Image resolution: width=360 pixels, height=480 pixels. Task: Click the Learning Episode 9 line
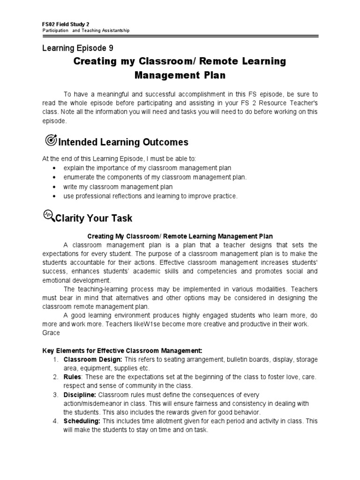(78, 48)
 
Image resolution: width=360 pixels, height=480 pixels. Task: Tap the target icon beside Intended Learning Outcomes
(50, 140)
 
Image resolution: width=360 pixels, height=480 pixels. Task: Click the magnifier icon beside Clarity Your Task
(49, 216)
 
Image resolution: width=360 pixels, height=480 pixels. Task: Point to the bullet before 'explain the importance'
(55, 168)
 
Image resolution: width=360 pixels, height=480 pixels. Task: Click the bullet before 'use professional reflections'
(55, 196)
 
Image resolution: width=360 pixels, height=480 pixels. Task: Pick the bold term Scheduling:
(82, 421)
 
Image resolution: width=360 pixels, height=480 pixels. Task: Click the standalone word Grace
(51, 333)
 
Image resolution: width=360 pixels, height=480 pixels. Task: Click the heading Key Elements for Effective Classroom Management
(122, 351)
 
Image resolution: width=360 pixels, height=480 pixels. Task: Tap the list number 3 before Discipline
(55, 395)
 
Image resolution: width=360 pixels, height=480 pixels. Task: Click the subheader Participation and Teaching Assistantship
(86, 31)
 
